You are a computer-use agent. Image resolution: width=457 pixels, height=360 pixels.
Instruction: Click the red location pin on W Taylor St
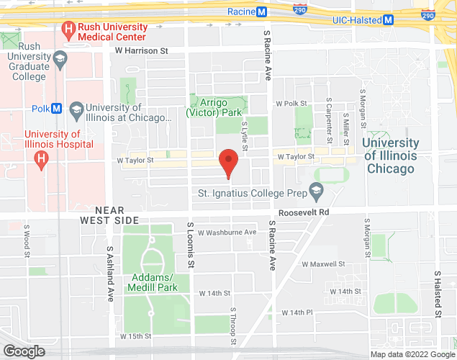point(228,162)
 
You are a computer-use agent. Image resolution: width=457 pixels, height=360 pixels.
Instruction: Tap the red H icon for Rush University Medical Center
point(68,30)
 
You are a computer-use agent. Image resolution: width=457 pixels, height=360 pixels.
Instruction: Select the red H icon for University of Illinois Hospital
point(42,158)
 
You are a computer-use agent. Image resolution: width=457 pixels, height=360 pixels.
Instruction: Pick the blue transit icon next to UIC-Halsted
point(389,19)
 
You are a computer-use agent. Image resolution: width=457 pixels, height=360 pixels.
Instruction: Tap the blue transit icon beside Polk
point(57,109)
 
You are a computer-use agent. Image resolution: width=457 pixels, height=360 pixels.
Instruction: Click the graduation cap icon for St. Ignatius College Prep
point(315,192)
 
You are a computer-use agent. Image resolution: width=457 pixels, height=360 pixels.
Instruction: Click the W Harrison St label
point(141,51)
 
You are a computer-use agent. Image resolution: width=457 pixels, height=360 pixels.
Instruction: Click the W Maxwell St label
point(324,264)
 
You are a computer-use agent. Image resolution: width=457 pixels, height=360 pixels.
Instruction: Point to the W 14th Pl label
point(297,312)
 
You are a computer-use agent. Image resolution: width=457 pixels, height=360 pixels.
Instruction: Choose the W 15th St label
point(136,336)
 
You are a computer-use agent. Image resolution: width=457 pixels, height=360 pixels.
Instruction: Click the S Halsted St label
point(437,294)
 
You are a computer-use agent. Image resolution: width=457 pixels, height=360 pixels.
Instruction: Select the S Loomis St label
point(191,246)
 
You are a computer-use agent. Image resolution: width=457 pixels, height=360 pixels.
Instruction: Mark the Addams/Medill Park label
point(151,282)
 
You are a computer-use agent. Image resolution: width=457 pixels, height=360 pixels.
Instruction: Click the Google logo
point(23,351)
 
